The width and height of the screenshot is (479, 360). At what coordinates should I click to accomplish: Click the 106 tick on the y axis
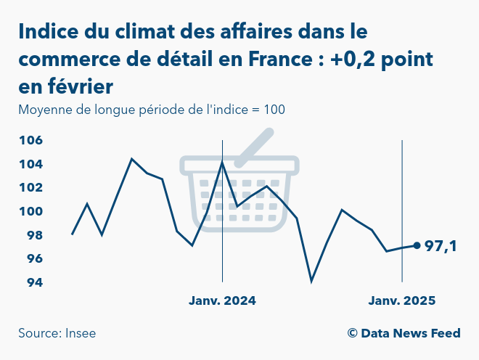point(30,140)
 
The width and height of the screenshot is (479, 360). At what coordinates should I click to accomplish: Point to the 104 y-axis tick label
point(30,164)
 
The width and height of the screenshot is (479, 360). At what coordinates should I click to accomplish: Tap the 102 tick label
point(30,187)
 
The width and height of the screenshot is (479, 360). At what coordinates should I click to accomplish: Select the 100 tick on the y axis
point(30,211)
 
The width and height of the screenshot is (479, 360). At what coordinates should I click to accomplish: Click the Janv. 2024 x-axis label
point(222,300)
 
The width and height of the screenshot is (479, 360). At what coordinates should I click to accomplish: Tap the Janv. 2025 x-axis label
point(401,300)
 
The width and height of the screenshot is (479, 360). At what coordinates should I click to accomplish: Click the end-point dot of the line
point(417,245)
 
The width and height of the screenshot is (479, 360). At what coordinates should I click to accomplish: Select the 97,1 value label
point(441,247)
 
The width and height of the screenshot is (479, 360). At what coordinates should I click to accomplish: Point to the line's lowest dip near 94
point(311,281)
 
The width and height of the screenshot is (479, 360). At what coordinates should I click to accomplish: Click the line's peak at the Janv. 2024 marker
point(222,161)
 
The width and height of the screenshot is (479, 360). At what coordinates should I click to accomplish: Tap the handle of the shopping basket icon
point(253,143)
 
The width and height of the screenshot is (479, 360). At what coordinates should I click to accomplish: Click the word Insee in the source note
point(80,333)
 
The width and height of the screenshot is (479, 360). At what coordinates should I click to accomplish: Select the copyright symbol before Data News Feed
point(352,333)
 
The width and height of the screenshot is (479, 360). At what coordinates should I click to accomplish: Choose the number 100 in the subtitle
point(274,110)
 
